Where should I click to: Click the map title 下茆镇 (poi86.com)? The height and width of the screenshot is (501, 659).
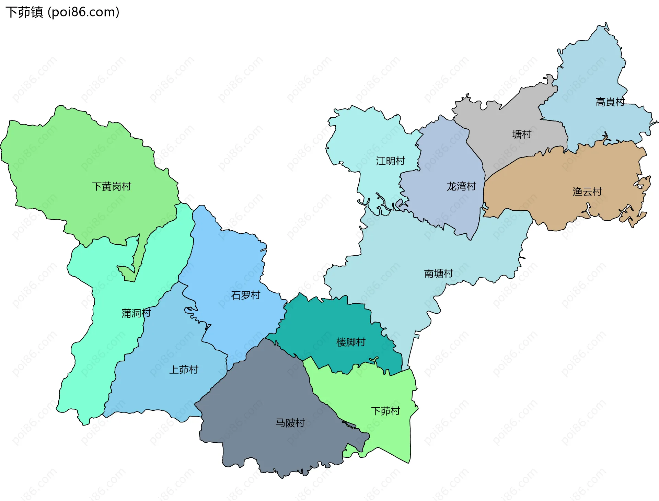coord(62,12)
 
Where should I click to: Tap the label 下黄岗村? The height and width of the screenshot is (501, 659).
coord(112,186)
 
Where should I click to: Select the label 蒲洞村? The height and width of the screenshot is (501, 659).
coord(136,313)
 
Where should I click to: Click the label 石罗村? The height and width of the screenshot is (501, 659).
coord(245,295)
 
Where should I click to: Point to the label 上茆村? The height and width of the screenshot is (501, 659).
coord(184,370)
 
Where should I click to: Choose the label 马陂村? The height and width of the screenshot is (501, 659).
coord(290,423)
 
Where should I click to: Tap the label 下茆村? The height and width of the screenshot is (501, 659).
coord(385,411)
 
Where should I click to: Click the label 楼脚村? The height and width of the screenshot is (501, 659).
coord(351,342)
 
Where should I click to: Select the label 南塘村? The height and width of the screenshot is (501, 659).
coord(438,273)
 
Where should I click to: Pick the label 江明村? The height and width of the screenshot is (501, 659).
coord(390,161)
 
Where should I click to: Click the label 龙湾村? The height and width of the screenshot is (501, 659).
coord(461,186)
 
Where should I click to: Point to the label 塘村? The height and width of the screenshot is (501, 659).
coord(521,134)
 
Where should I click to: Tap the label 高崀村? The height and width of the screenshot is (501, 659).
coord(610,102)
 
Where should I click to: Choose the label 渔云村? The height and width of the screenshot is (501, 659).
coord(587,191)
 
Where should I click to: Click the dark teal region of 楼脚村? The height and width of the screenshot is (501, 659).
coord(326,326)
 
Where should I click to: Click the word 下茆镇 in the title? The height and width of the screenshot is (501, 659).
coord(24,12)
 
